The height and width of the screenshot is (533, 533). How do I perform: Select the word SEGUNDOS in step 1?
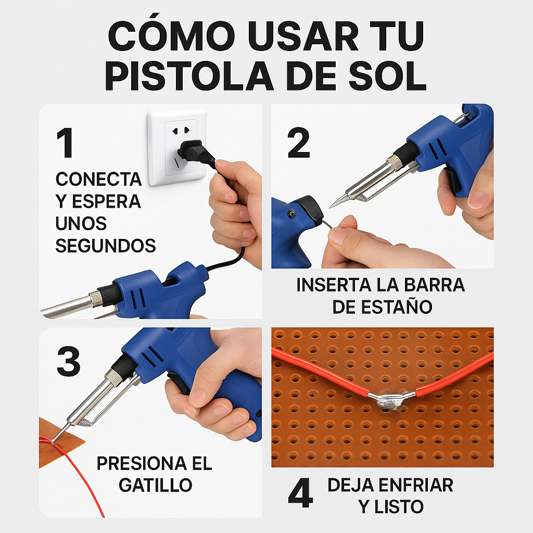(x=106, y=246)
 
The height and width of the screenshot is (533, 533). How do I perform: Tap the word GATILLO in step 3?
(x=155, y=485)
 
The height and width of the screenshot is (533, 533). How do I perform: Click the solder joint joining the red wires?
(x=391, y=400)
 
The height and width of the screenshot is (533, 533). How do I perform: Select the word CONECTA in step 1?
(x=98, y=180)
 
